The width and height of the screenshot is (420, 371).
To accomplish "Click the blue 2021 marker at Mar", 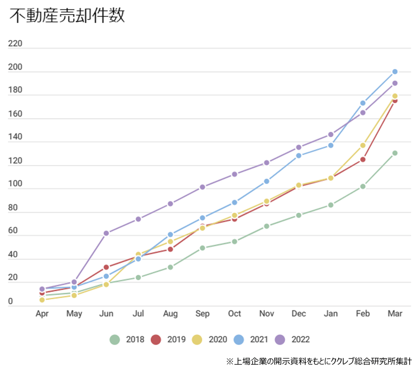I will click(x=395, y=71).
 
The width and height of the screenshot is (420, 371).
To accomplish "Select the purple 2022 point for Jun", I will click(x=106, y=233).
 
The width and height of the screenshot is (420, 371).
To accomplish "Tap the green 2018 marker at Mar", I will click(x=395, y=153).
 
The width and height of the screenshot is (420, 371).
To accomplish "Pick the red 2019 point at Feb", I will click(x=363, y=159).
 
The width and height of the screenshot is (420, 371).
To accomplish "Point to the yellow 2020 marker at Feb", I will click(x=363, y=145).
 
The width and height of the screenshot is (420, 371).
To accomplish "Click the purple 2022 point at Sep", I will click(x=202, y=187).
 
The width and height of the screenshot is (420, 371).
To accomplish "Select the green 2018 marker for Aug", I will click(x=170, y=267).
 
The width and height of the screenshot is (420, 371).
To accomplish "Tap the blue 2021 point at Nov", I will click(x=267, y=181).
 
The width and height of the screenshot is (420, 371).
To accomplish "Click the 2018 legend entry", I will click(x=127, y=340).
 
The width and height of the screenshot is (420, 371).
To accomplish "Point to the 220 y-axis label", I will click(x=15, y=44).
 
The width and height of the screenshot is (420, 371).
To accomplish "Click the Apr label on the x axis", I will click(x=42, y=314).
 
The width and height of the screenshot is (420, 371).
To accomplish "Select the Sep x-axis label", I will click(x=202, y=314).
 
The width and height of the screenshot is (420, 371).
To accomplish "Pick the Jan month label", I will click(x=331, y=314).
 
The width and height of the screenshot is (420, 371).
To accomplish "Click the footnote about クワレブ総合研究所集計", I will click(x=319, y=361).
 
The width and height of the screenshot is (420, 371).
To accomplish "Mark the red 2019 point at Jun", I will click(x=106, y=267).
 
